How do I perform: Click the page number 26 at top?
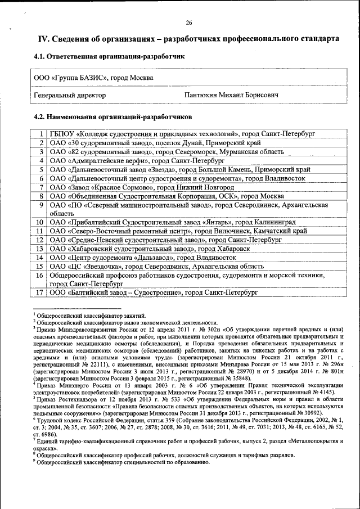click(189, 22)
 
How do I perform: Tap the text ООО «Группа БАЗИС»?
click(71, 78)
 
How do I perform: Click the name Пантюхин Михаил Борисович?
click(231, 96)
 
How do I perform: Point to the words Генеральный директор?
click(70, 96)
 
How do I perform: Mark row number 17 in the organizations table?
click(40, 293)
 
